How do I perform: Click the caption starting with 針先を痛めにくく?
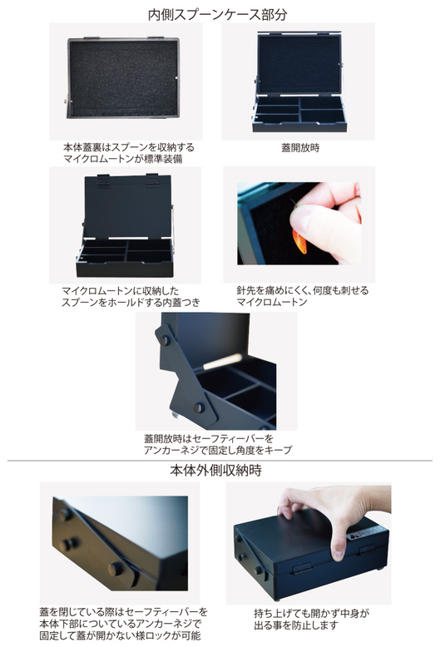tap(302, 291)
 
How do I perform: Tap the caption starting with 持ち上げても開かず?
tap(297, 615)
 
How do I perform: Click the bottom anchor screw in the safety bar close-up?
tap(200, 407)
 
